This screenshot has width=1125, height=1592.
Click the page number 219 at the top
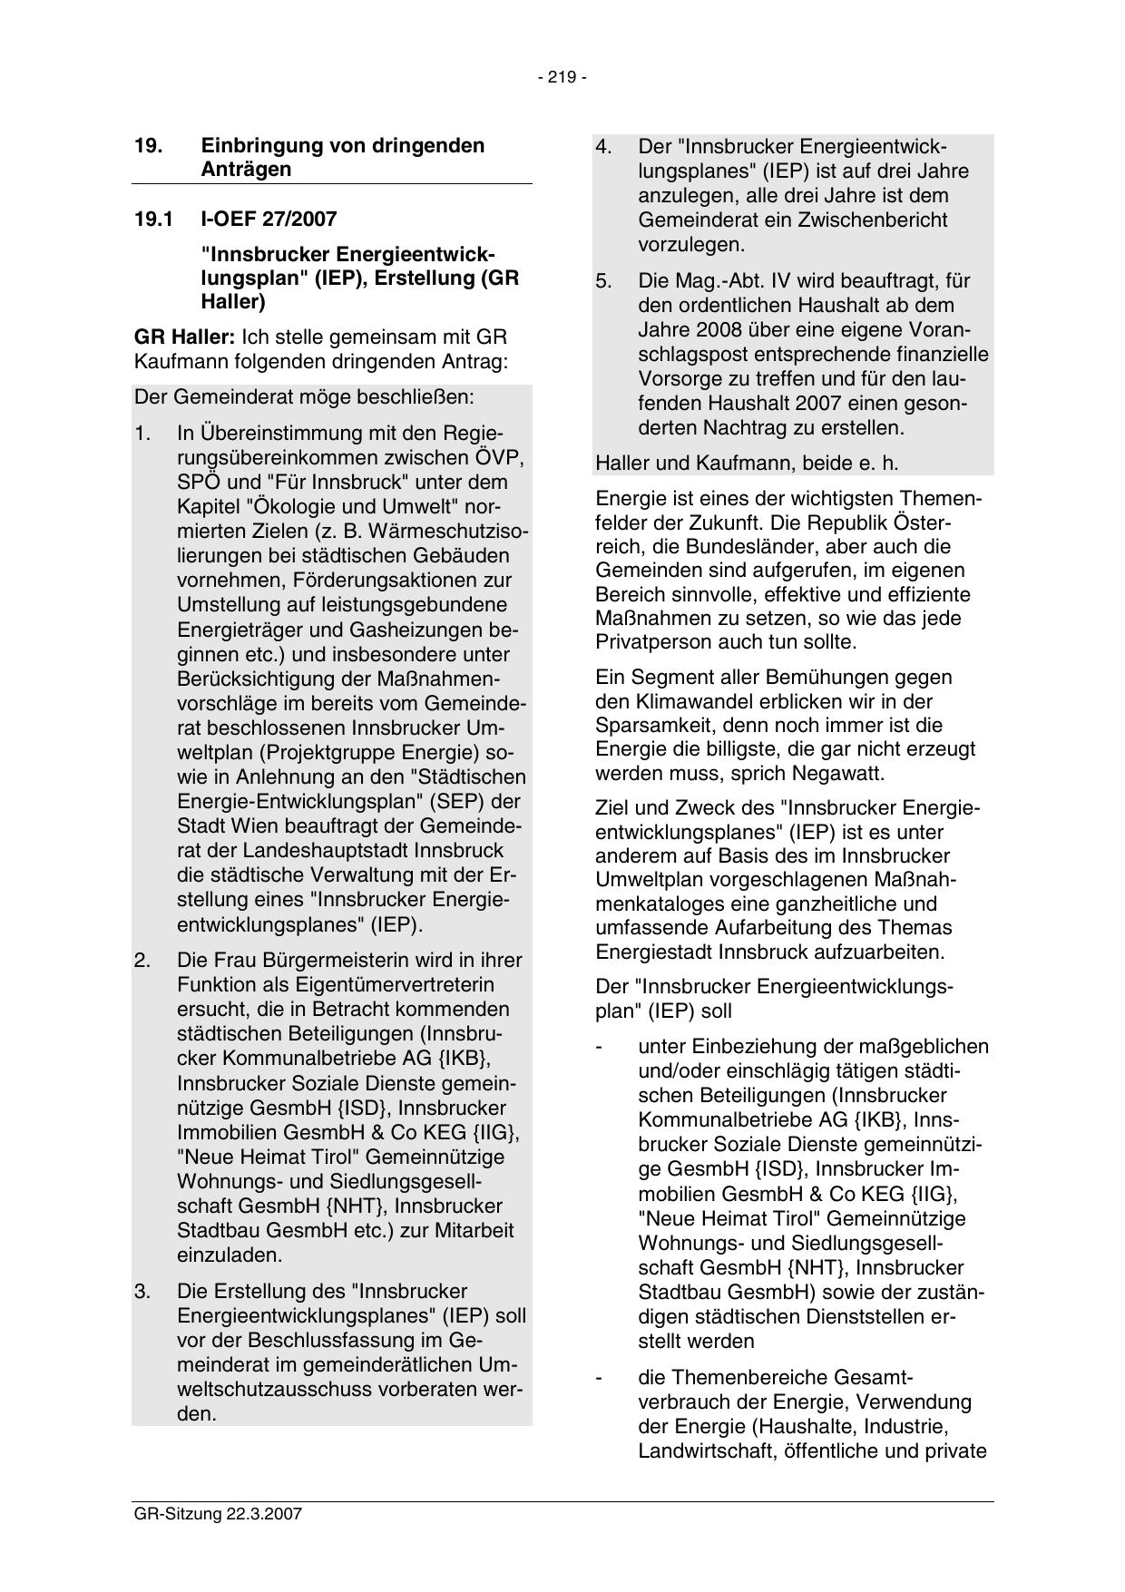click(x=562, y=78)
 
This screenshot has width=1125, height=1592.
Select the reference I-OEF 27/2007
click(x=269, y=219)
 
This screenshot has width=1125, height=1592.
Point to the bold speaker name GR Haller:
click(x=184, y=337)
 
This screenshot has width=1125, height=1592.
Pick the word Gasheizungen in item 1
click(x=422, y=630)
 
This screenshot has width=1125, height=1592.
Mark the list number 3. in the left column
click(x=142, y=1291)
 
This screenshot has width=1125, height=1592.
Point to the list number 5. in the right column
click(x=604, y=281)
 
